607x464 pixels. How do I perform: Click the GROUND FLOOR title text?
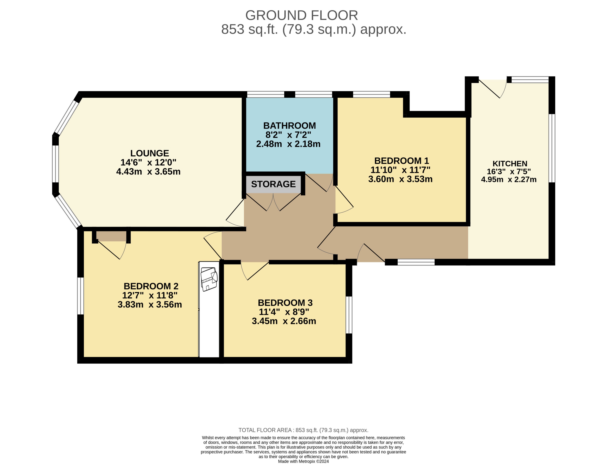[x=301, y=15]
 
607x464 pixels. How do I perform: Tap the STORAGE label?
[x=273, y=184]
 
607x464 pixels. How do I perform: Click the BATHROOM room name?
[x=289, y=126]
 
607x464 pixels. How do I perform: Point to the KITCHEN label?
[x=510, y=164]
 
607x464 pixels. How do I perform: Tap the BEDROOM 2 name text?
[x=151, y=286]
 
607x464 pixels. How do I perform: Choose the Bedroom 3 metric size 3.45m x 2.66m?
[x=284, y=321]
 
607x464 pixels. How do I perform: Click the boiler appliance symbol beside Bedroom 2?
[x=209, y=279]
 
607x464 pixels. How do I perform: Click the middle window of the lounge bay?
[x=55, y=164]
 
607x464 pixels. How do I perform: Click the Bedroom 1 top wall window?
[x=371, y=94]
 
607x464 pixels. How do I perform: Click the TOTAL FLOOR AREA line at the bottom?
[x=303, y=430]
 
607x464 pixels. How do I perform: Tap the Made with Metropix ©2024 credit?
[x=303, y=461]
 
